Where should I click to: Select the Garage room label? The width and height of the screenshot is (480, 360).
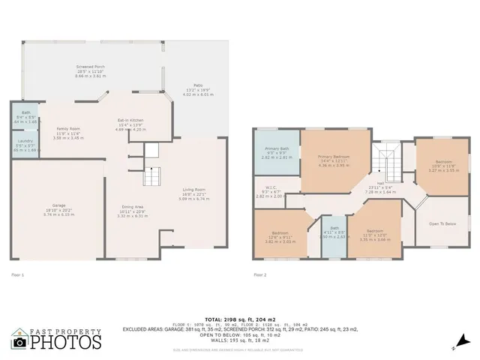click(53, 211)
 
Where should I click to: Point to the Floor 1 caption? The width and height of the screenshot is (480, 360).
click(18, 274)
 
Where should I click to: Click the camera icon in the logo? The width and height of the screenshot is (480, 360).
click(20, 341)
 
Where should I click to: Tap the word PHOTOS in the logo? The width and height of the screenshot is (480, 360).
click(66, 343)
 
